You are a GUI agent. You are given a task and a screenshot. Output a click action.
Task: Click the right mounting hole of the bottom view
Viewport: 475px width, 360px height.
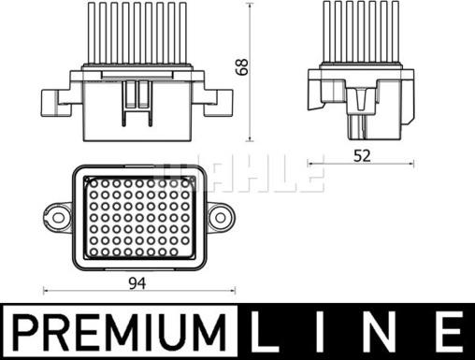click(x=221, y=216)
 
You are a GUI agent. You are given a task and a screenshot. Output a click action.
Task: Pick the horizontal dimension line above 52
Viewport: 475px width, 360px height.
click(x=361, y=166)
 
